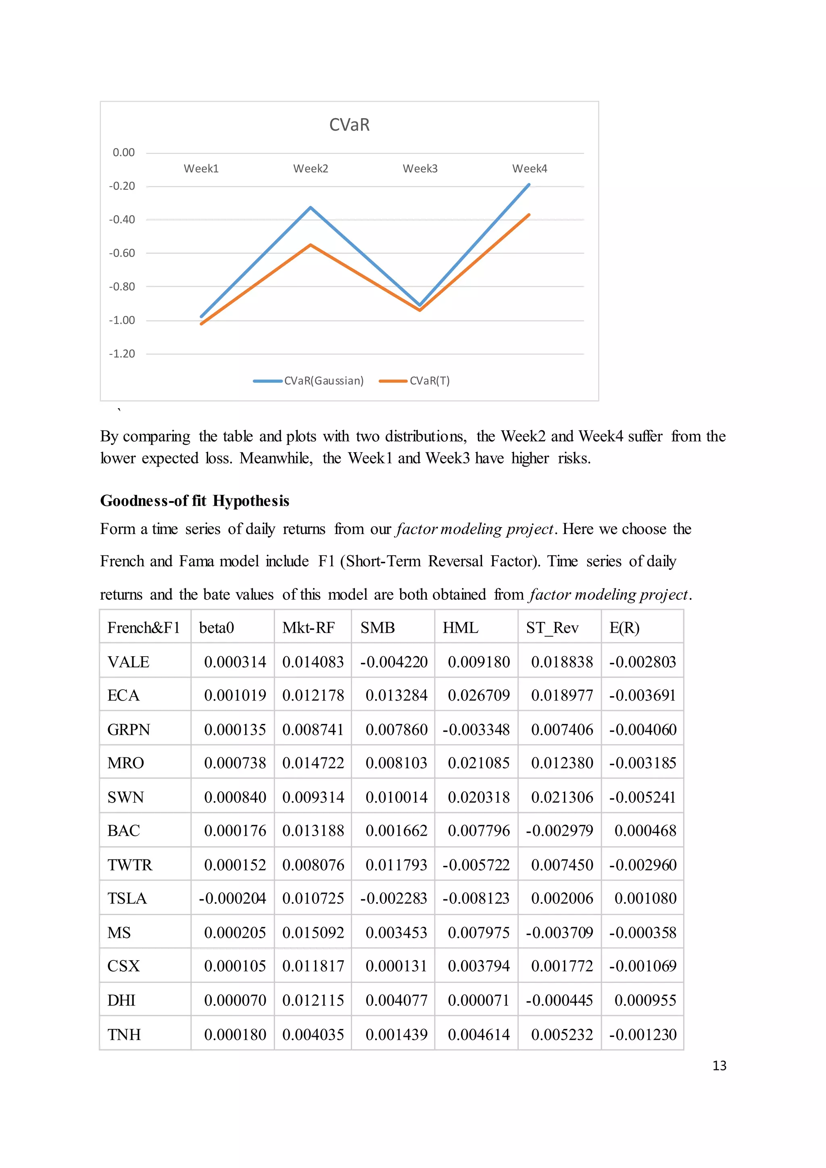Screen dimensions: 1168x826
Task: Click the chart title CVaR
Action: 349,125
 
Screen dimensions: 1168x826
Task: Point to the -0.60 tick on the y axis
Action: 122,253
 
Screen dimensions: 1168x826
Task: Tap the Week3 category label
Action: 420,168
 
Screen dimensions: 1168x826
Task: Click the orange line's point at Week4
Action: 529,215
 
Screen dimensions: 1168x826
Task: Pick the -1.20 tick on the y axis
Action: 122,354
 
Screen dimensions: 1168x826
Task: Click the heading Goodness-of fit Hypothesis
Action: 195,501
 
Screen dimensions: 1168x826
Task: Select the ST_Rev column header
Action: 552,628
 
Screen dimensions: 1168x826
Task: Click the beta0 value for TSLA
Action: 232,898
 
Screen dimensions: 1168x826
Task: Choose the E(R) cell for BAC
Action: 645,831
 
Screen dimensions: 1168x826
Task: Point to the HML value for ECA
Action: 479,695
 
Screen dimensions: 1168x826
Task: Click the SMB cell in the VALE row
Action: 394,662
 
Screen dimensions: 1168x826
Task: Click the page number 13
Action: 719,1066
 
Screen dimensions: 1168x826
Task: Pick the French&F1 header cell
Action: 144,628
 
